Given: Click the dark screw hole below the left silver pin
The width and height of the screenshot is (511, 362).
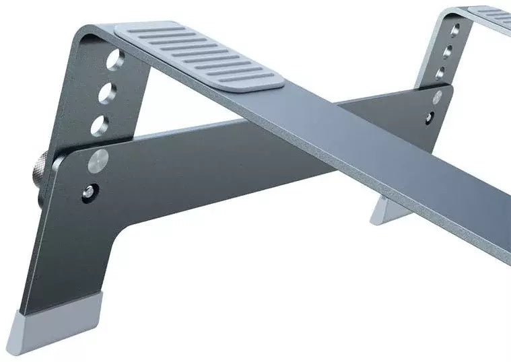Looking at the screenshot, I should point(90,190).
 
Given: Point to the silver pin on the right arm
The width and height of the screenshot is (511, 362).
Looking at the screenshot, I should point(439,97).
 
